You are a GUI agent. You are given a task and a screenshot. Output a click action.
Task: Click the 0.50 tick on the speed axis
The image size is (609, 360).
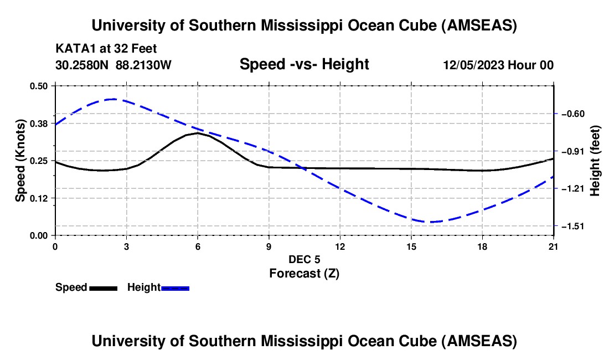(40, 86)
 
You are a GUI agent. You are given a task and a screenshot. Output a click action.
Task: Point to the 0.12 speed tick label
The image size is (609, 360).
(40, 198)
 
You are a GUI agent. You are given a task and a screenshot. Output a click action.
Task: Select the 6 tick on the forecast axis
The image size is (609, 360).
(197, 246)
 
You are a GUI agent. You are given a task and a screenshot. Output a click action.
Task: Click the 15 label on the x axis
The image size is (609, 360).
(411, 246)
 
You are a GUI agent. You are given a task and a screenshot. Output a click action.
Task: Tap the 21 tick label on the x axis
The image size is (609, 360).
(554, 246)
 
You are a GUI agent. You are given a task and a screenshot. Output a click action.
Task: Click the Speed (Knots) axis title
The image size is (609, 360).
(20, 161)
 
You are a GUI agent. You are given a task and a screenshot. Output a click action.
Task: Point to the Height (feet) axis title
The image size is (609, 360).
(595, 161)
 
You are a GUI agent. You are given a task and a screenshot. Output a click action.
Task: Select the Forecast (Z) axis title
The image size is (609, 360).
(304, 273)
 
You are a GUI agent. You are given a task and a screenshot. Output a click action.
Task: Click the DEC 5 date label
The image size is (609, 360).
(304, 259)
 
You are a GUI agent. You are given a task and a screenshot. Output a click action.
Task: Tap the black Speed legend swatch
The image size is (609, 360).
(103, 288)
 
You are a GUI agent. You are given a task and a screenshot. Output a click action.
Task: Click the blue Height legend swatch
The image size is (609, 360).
(175, 288)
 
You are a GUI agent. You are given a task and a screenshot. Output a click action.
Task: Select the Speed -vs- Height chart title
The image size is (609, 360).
(304, 65)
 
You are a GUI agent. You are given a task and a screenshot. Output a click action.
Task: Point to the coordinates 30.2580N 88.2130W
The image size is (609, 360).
(113, 65)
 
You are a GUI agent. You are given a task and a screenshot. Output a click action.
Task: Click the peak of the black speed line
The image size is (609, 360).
(197, 133)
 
